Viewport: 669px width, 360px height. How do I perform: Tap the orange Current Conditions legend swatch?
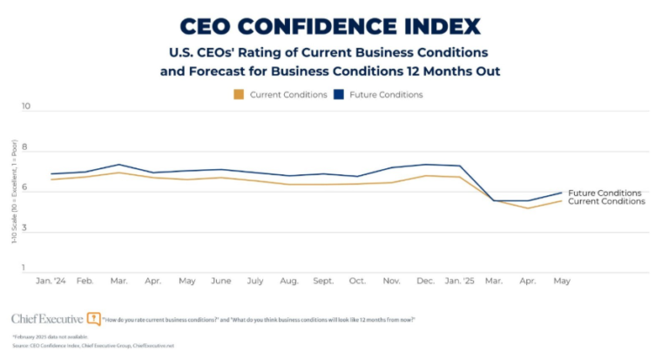[239, 94]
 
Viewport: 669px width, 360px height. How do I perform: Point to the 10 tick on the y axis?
[25, 107]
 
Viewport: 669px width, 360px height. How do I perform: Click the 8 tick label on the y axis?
[26, 148]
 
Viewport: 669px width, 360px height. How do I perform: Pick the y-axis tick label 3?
[26, 228]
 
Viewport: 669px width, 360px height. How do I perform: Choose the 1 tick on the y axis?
[26, 268]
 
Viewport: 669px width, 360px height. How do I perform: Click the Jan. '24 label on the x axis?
[51, 282]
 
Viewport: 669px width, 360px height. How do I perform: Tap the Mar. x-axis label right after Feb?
[119, 282]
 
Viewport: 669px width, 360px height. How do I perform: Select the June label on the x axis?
[221, 282]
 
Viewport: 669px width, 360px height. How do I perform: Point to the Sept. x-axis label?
[322, 282]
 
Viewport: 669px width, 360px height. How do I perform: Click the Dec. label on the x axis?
[425, 282]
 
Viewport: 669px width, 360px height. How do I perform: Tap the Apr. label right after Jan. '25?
[527, 282]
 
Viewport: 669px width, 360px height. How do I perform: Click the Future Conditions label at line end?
[605, 193]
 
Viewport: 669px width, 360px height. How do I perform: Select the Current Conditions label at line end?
[606, 201]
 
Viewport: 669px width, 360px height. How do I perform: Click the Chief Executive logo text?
[48, 318]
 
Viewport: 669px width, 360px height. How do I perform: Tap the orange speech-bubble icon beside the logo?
[94, 318]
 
